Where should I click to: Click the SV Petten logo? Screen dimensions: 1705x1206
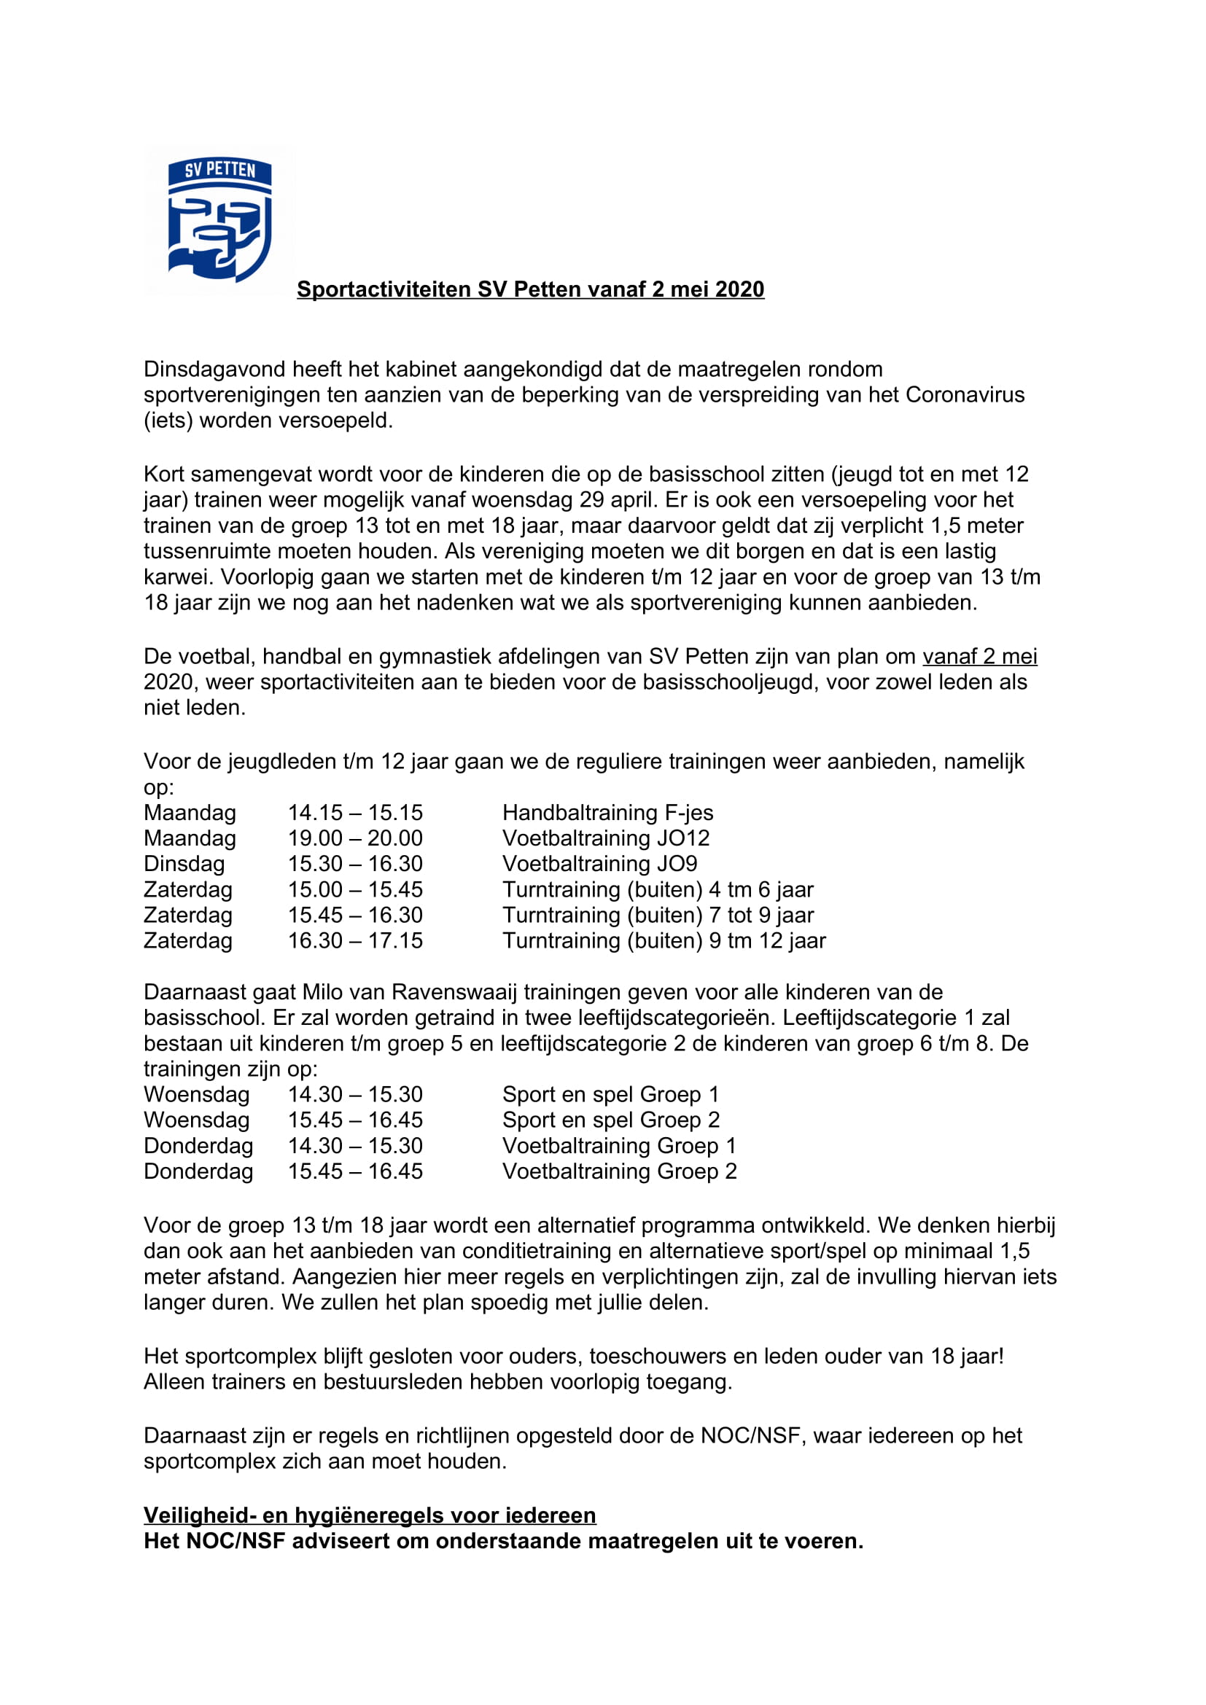coord(219,220)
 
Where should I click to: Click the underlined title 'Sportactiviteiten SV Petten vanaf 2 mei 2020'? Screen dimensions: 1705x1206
coord(530,289)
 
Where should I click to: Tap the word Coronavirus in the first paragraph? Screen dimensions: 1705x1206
coord(965,394)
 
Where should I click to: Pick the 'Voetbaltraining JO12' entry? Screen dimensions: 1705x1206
coord(606,838)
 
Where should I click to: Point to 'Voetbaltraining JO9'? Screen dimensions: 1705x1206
coord(600,864)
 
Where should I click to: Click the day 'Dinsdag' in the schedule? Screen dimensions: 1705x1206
coord(184,864)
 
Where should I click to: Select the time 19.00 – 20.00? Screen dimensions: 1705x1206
coord(355,838)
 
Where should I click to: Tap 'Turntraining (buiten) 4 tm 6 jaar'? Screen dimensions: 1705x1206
coord(658,889)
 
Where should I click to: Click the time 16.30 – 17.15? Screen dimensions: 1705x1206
coord(355,941)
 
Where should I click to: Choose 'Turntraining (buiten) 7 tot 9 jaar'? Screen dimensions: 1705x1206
coord(658,915)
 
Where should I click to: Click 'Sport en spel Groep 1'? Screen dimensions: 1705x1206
coord(610,1095)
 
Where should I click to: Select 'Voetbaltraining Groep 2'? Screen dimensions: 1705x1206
coord(619,1171)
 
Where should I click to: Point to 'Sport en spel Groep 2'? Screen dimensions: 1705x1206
coord(610,1120)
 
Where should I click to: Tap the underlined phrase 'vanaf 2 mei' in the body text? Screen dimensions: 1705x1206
coord(979,657)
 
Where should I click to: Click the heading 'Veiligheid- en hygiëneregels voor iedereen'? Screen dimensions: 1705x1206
coord(370,1515)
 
